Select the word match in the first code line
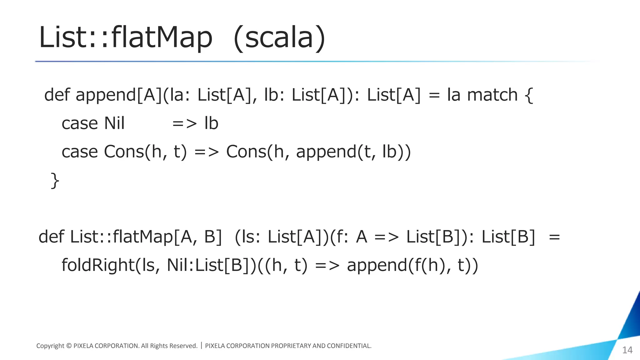click(492, 95)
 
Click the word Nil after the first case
click(114, 123)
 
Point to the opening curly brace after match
click(529, 95)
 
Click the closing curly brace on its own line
click(55, 181)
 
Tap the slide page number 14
click(627, 350)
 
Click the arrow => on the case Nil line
click(185, 124)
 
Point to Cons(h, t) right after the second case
click(145, 152)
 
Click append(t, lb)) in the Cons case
click(353, 152)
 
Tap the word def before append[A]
click(57, 95)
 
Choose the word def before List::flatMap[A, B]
click(51, 237)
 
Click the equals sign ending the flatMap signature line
click(554, 237)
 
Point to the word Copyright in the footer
click(50, 346)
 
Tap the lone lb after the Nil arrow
click(211, 123)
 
